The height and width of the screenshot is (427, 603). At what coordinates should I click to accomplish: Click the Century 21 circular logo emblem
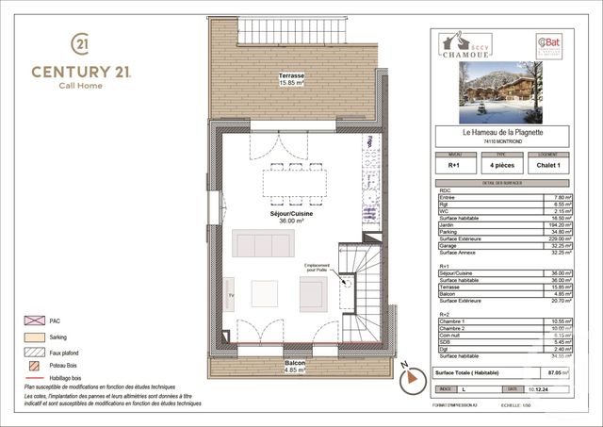81,44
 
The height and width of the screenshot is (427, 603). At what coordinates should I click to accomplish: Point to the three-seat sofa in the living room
263,244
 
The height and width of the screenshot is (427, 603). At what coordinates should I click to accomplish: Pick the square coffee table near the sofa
264,293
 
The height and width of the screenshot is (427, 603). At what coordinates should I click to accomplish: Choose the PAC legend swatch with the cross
34,320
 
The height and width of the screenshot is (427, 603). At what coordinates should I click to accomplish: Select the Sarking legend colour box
34,337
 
